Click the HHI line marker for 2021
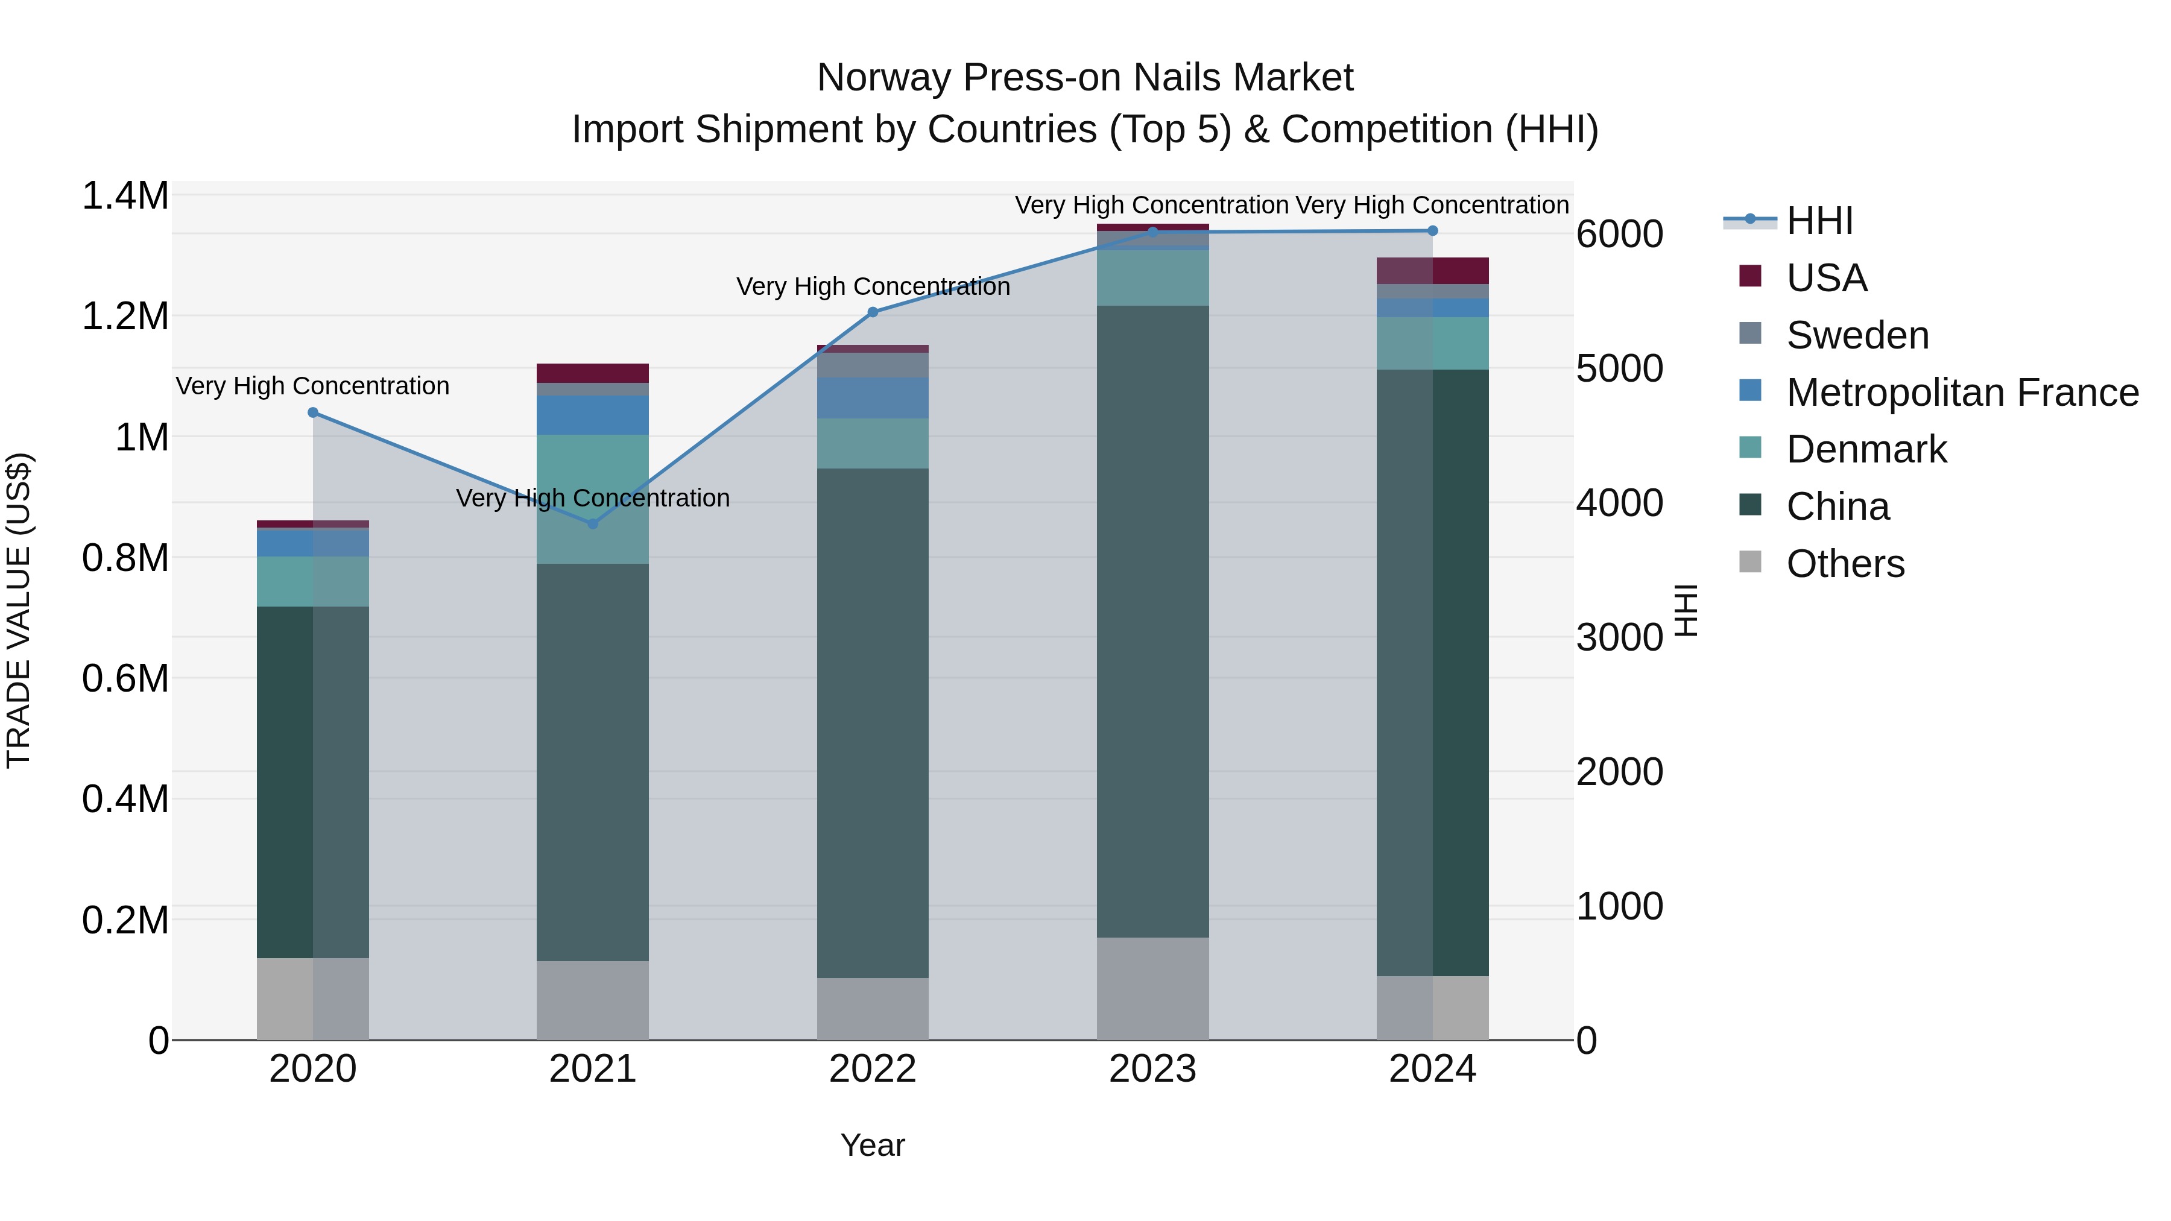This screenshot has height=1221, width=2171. [592, 523]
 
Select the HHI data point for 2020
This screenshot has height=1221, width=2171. [312, 412]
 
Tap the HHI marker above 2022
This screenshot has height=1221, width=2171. [872, 312]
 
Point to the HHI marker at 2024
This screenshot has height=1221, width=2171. [1432, 230]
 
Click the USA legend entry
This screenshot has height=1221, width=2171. [1826, 278]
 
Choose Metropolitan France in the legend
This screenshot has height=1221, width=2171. [1962, 393]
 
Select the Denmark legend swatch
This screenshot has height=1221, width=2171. [1751, 448]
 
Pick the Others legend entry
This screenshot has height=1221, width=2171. [1845, 564]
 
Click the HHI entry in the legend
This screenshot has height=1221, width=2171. [1819, 221]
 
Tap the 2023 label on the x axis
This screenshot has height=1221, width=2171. [1152, 1069]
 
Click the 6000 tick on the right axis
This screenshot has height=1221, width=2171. [1619, 235]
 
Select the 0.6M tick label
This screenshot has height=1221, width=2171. [125, 678]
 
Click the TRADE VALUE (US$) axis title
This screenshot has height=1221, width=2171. [19, 610]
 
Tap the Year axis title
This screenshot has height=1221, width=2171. [872, 1145]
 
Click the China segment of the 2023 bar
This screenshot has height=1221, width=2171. [1152, 621]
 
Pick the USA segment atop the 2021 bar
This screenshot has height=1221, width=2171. [592, 373]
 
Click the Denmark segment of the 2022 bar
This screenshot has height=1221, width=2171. [872, 443]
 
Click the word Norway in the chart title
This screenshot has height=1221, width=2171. [884, 78]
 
